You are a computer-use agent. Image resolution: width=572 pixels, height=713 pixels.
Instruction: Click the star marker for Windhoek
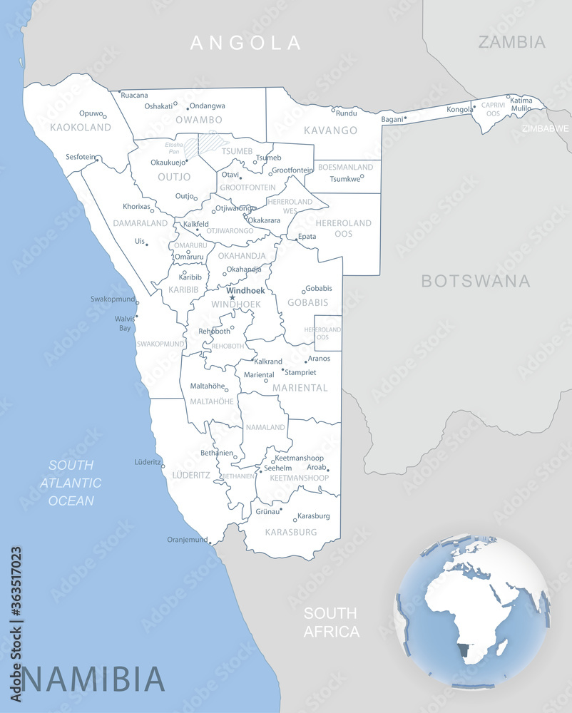[x=232, y=297]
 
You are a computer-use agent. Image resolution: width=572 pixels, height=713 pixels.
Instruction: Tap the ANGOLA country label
[x=246, y=43]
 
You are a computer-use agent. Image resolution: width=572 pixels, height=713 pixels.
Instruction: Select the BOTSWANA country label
[x=475, y=280]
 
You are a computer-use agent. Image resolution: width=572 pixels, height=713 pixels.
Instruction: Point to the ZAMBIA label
[x=511, y=41]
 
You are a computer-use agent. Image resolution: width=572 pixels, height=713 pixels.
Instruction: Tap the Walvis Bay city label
[x=125, y=324]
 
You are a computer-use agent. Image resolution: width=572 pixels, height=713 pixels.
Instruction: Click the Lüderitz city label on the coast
[x=148, y=462]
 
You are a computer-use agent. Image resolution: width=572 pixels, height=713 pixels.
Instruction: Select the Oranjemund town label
[x=187, y=540]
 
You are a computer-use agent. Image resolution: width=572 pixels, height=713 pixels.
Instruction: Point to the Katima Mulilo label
[x=521, y=105]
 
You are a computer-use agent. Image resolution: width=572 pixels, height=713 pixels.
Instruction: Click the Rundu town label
[x=346, y=113]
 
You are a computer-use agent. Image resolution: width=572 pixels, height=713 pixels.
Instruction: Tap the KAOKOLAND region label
[x=81, y=128]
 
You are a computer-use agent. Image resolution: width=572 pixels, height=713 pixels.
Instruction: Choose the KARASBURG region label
[x=290, y=532]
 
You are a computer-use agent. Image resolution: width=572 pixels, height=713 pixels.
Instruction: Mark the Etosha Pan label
[x=174, y=148]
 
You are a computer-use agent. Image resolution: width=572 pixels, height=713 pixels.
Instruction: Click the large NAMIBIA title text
[x=93, y=678]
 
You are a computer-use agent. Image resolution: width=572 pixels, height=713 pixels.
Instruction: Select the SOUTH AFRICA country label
[x=331, y=622]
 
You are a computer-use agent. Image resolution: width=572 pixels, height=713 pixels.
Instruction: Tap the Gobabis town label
[x=319, y=289]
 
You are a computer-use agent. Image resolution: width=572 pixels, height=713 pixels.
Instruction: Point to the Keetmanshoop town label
[x=300, y=458]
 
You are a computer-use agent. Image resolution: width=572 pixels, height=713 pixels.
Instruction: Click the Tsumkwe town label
[x=346, y=180]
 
